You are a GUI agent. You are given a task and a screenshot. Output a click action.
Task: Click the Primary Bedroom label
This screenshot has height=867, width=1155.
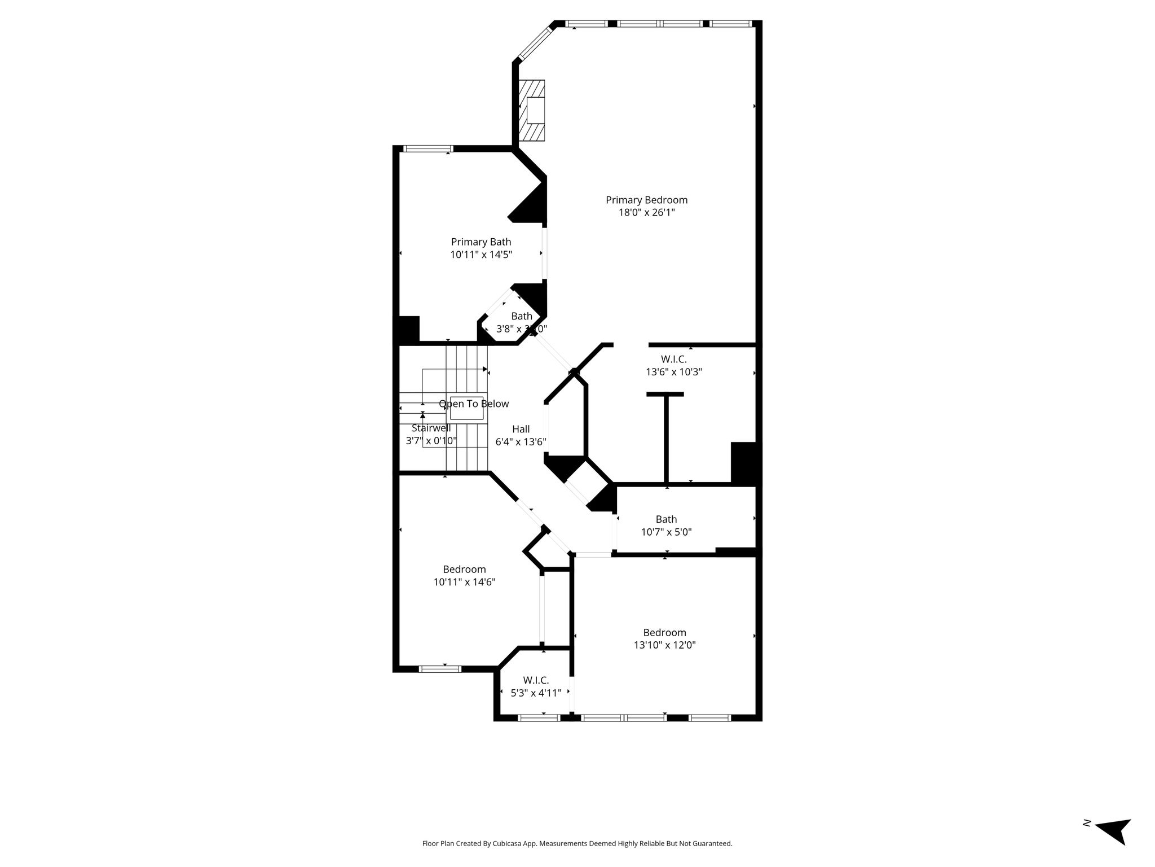click(x=646, y=200)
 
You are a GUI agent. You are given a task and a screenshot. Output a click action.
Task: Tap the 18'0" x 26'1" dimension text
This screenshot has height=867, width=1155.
click(x=646, y=213)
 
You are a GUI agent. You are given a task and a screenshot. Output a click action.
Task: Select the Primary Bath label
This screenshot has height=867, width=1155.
click(x=481, y=242)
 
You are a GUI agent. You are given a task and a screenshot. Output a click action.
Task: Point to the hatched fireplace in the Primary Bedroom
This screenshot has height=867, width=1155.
click(x=532, y=110)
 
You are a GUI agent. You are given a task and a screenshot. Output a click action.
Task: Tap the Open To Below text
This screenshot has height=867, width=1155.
click(x=474, y=404)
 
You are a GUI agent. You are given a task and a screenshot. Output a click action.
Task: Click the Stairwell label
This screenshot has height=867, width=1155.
click(x=431, y=428)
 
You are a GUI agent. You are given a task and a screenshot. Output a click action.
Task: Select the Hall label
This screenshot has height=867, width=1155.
click(x=521, y=429)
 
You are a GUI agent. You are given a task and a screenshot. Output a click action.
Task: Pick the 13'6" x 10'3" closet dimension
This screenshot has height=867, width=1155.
click(x=673, y=372)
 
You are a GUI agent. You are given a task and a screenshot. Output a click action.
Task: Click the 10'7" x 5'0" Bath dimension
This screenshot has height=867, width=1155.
click(x=666, y=532)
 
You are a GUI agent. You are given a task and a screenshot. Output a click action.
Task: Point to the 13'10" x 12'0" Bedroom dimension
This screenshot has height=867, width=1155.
click(x=665, y=645)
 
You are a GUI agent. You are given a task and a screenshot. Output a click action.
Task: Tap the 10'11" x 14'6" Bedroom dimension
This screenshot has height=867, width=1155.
click(x=464, y=582)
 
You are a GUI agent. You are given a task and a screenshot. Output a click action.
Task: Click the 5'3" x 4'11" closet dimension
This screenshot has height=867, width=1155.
click(x=536, y=693)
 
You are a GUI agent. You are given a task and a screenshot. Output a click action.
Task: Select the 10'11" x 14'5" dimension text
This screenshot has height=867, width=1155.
click(x=481, y=255)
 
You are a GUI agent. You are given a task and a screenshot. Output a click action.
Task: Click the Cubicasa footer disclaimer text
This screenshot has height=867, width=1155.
click(x=577, y=844)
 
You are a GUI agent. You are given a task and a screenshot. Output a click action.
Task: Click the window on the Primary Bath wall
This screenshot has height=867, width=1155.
click(x=428, y=149)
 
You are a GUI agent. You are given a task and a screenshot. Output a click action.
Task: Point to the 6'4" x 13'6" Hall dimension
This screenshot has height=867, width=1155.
click(x=521, y=442)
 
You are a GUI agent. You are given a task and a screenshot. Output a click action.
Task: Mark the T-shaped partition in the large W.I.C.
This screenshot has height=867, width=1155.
click(x=665, y=438)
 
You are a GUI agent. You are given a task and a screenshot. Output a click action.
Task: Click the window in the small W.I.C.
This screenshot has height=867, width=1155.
click(x=539, y=718)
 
